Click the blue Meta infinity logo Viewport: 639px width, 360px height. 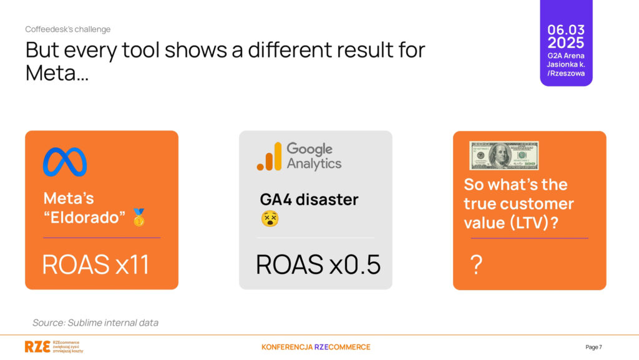click(65, 162)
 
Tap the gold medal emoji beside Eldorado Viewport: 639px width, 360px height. click(139, 218)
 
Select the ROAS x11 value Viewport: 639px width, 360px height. click(95, 265)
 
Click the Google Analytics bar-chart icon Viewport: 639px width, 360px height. click(270, 157)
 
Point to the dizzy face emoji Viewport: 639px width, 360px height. click(270, 219)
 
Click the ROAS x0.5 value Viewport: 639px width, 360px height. click(318, 265)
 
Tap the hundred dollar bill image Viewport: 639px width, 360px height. click(504, 155)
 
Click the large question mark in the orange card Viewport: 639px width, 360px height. click(476, 265)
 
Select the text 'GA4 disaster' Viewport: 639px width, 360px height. click(310, 199)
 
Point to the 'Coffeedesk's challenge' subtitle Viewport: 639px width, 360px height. click(67, 29)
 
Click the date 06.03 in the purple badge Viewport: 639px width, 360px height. click(566, 30)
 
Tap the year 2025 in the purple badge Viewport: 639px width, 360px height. click(566, 43)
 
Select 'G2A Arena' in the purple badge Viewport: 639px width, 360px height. click(566, 56)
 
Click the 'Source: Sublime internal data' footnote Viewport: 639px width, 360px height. click(95, 323)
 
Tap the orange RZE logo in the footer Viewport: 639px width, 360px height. click(37, 346)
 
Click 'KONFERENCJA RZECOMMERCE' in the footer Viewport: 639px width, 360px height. click(316, 347)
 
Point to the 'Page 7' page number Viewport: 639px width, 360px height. click(594, 347)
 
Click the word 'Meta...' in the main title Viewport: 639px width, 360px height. click(57, 73)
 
